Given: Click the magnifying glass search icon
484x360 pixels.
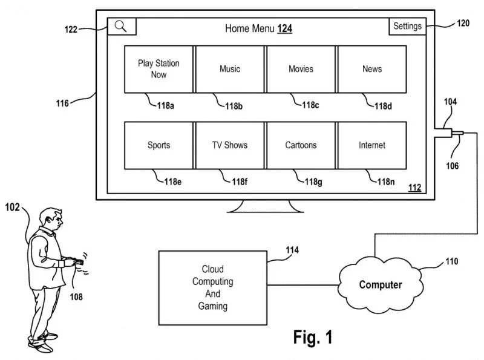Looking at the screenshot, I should tap(122, 26).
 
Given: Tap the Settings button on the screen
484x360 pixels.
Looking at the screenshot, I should tap(407, 26).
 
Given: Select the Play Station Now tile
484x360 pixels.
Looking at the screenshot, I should tap(159, 69).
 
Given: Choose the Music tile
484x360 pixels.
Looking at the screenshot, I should tap(230, 69).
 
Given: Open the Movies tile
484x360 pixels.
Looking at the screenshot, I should tap(301, 69).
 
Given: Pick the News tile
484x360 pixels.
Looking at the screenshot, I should tap(371, 69).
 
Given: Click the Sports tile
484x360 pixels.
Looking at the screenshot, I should tap(159, 145).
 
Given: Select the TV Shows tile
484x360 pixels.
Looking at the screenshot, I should tap(230, 145).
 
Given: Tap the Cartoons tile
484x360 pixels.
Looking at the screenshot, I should tap(301, 145).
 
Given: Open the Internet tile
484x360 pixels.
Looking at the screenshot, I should tap(371, 145).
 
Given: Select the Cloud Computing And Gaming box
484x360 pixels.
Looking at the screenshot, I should tap(212, 287).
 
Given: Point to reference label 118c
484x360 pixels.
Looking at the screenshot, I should tap(310, 105).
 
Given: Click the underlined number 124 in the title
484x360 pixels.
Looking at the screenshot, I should tap(285, 28).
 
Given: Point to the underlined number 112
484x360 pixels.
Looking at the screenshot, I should tap(414, 188).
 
